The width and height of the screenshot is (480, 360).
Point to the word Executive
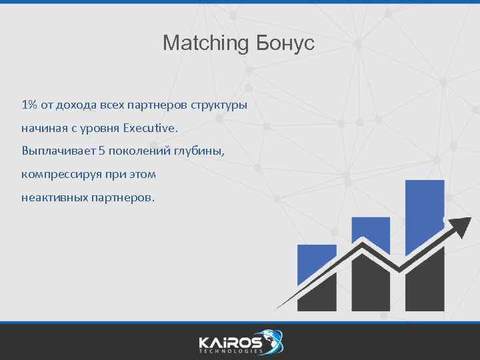[x=151, y=127]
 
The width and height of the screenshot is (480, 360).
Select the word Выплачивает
[x=58, y=151]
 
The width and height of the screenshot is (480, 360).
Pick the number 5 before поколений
[x=102, y=151]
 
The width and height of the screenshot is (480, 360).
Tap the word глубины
[x=199, y=151]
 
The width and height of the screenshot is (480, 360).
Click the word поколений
[x=140, y=151]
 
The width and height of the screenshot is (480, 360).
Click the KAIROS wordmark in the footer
[x=230, y=341]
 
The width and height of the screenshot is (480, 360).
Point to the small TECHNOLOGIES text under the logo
[x=230, y=351]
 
